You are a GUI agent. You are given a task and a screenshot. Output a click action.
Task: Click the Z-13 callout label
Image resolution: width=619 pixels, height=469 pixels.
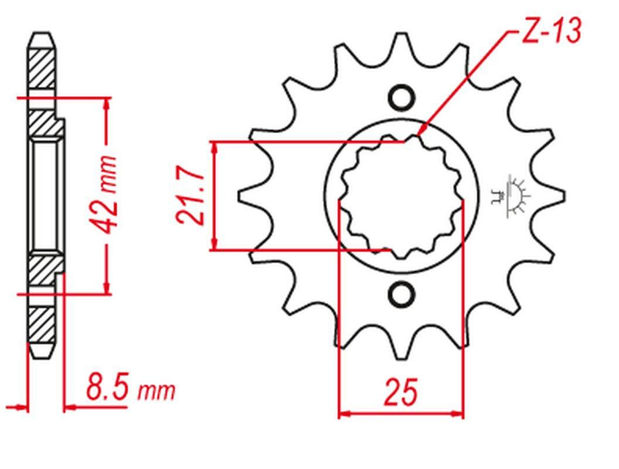552,32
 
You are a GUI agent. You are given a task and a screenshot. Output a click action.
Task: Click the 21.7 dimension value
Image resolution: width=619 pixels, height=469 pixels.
191,195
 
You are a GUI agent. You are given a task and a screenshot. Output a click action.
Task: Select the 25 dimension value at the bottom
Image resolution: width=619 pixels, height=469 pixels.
401,392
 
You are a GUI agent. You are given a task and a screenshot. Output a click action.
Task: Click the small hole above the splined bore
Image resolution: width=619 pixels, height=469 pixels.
402,97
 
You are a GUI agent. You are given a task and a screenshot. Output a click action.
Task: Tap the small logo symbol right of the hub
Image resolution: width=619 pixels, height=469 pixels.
511,196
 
